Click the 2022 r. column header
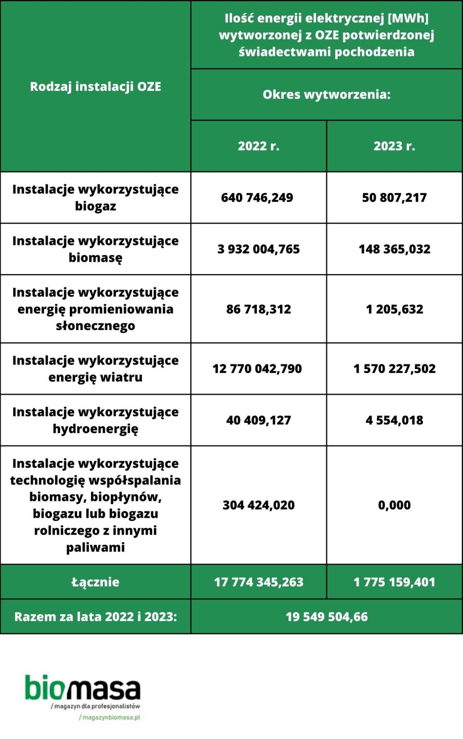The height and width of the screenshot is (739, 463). (258, 146)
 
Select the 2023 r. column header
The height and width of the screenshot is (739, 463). (394, 146)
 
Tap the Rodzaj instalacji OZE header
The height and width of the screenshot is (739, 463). (95, 87)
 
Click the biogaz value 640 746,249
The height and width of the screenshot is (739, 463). (257, 198)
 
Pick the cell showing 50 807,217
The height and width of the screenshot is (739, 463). (394, 198)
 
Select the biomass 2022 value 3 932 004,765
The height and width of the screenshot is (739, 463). (258, 249)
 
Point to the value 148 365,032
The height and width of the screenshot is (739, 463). (394, 249)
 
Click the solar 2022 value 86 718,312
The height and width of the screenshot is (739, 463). (258, 309)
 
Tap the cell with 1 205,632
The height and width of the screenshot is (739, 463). (394, 309)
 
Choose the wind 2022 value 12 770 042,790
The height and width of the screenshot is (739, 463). (257, 369)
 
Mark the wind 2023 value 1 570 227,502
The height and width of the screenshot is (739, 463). (394, 369)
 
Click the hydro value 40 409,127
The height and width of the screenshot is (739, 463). (258, 420)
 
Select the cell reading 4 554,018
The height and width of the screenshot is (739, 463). (394, 420)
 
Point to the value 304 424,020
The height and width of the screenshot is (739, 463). (258, 505)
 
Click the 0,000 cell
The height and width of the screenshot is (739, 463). (394, 505)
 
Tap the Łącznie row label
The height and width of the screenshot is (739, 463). (95, 582)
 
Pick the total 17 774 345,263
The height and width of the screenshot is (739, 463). (258, 582)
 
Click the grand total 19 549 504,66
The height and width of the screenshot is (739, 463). (326, 617)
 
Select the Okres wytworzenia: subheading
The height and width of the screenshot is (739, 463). (326, 94)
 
